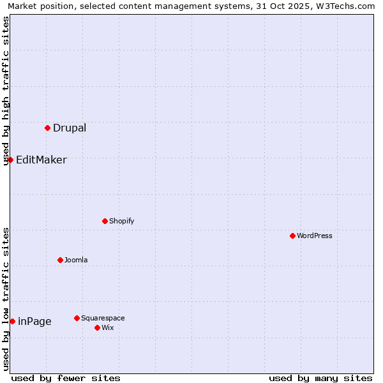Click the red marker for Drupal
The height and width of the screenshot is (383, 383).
[x=47, y=128]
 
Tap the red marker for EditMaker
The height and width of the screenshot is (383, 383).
[x=10, y=160]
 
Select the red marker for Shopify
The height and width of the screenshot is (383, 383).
[x=105, y=221]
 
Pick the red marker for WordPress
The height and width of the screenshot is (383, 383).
[x=292, y=236]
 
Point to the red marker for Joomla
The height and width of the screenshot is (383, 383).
[x=60, y=260]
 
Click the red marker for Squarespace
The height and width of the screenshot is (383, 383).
[x=77, y=318]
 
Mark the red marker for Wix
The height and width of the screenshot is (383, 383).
[x=97, y=327]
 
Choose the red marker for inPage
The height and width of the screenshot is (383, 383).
[x=12, y=321]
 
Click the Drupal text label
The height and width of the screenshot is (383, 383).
[x=70, y=128]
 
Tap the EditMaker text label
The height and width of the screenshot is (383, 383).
[x=41, y=160]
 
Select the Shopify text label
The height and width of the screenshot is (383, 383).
[x=121, y=221]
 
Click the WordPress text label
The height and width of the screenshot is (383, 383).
[x=314, y=236]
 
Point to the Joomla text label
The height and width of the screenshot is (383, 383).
[x=76, y=260]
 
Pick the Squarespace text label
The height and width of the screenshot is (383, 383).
[x=103, y=318]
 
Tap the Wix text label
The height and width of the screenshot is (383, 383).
[x=107, y=327]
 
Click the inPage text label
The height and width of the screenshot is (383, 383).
[x=34, y=321]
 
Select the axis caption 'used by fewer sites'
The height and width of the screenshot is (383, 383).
[x=66, y=378]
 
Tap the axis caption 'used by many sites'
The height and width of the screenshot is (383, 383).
[x=320, y=378]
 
